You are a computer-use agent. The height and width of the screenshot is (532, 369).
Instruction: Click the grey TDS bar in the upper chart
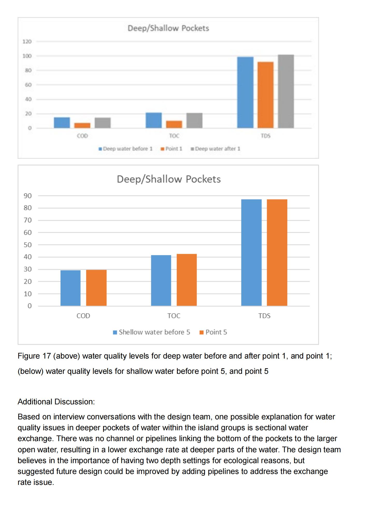[286, 91]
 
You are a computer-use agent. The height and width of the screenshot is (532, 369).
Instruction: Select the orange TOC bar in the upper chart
[174, 125]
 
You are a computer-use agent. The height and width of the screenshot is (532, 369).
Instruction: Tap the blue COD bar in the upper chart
[62, 123]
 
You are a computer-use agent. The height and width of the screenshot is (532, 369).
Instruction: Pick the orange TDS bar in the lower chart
[277, 253]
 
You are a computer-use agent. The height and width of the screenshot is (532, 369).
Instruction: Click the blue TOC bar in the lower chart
[161, 281]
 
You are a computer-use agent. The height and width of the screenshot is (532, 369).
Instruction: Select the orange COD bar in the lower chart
[96, 288]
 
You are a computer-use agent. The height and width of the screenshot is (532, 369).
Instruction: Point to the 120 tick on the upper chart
[27, 41]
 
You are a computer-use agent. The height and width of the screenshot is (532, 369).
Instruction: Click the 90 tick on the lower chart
[28, 196]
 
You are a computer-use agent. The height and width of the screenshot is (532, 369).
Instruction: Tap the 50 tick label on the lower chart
[28, 245]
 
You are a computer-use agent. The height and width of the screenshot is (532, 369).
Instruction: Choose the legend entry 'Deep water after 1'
[215, 149]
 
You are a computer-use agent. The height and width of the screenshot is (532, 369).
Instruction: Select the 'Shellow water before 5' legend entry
[152, 332]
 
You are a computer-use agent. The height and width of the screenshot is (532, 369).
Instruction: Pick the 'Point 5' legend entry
[213, 332]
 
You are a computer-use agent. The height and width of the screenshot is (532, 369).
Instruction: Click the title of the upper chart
[168, 28]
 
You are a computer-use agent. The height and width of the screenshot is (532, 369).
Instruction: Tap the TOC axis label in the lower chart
[174, 316]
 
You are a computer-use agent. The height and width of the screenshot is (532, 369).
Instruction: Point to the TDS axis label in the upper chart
[266, 136]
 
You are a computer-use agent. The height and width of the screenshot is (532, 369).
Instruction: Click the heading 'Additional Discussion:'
[56, 402]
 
